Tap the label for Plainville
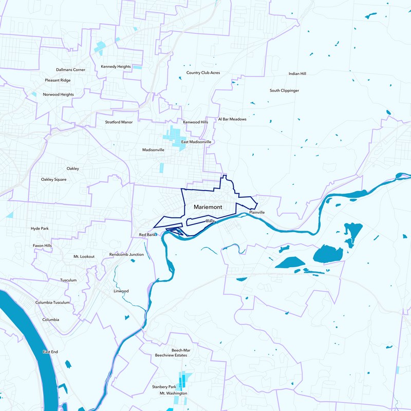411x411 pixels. [257, 212]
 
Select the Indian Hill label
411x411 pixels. [297, 73]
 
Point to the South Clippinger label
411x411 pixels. [284, 90]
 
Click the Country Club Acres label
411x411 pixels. [203, 72]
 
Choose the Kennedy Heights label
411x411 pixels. [116, 66]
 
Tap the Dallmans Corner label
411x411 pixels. [71, 69]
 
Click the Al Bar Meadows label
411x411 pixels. [232, 119]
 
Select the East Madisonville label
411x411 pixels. [196, 141]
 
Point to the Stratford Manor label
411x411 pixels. [119, 122]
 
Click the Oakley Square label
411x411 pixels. [54, 179]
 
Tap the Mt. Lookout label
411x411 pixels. [84, 256]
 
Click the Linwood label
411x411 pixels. [121, 291]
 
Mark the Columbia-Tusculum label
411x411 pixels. [52, 303]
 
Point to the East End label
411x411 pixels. [50, 352]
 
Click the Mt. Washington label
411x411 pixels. [173, 393]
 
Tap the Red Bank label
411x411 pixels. [147, 234]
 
